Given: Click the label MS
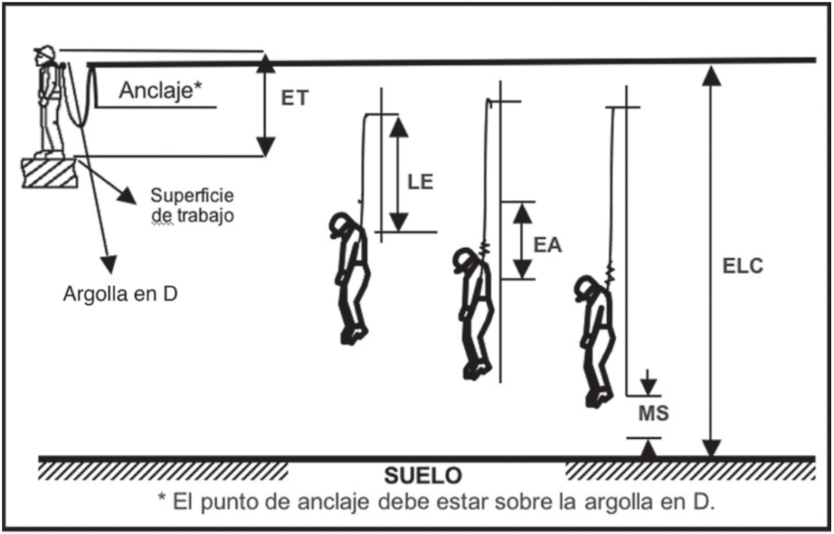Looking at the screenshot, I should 653,413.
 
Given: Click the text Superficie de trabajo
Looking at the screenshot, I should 192,205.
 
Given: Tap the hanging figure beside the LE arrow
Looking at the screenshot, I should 351,274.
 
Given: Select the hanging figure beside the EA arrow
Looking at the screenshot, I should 473,309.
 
